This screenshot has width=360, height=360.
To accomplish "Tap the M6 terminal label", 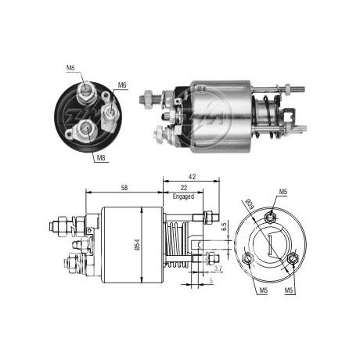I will click(x=122, y=85).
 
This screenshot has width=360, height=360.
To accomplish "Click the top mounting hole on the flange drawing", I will click(x=270, y=218).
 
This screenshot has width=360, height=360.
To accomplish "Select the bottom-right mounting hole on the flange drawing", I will click(x=293, y=258).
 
